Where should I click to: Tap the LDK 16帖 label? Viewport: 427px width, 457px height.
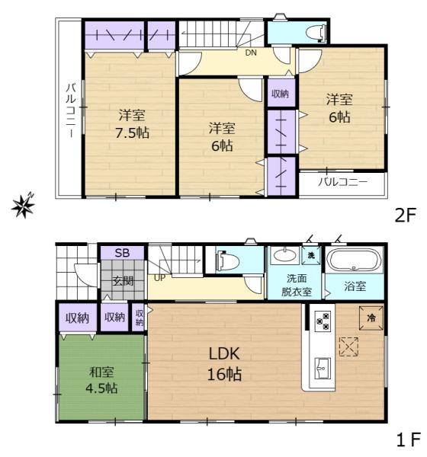225,363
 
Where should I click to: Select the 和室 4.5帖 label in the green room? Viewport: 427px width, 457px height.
101,381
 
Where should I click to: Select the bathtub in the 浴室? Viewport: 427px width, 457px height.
352,260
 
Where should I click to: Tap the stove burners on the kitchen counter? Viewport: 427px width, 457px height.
321,321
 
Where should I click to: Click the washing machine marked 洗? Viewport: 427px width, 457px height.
311,256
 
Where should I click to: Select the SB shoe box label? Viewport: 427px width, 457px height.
122,253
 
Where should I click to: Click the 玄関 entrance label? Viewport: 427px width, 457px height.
123,280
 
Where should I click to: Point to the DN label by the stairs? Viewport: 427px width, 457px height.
251,53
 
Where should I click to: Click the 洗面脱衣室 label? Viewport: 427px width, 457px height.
295,284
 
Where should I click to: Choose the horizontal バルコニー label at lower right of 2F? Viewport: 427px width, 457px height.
342,183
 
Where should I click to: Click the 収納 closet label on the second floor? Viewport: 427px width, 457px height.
280,94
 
